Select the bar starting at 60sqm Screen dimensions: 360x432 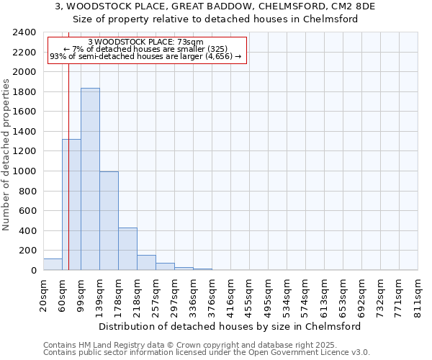click(71, 205)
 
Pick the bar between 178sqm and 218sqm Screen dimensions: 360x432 click(127, 249)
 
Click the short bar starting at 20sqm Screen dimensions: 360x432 click(53, 264)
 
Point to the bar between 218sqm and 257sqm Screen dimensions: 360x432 click(146, 263)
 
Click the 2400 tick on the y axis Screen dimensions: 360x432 click(24, 33)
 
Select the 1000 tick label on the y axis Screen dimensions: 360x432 click(24, 171)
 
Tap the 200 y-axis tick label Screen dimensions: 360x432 click(27, 251)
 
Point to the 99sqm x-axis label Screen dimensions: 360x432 click(81, 295)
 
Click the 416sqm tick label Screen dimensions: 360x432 click(230, 295)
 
